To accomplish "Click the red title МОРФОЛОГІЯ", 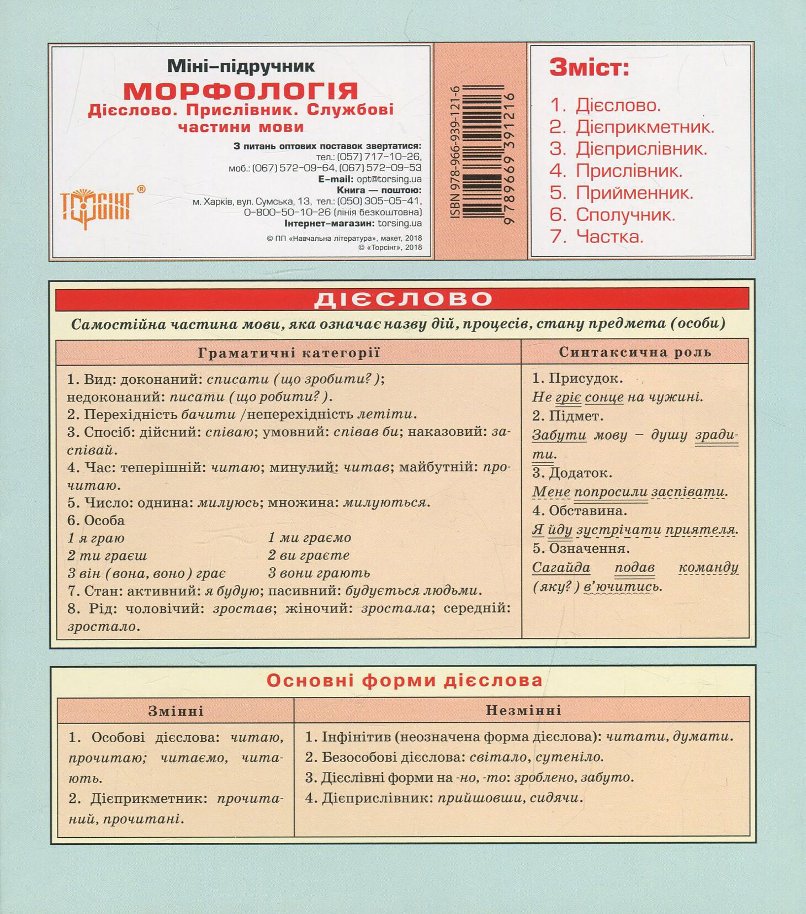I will [240, 90].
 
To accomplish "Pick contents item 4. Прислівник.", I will [616, 171].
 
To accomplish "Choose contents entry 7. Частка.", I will [597, 236].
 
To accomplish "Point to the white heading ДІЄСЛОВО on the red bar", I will [402, 299].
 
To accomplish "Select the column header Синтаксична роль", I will [635, 352].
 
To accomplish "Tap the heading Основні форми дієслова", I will [404, 680].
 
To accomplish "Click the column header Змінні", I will [176, 711].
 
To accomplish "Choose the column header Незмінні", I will [523, 710].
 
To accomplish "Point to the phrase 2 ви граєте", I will [309, 555].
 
